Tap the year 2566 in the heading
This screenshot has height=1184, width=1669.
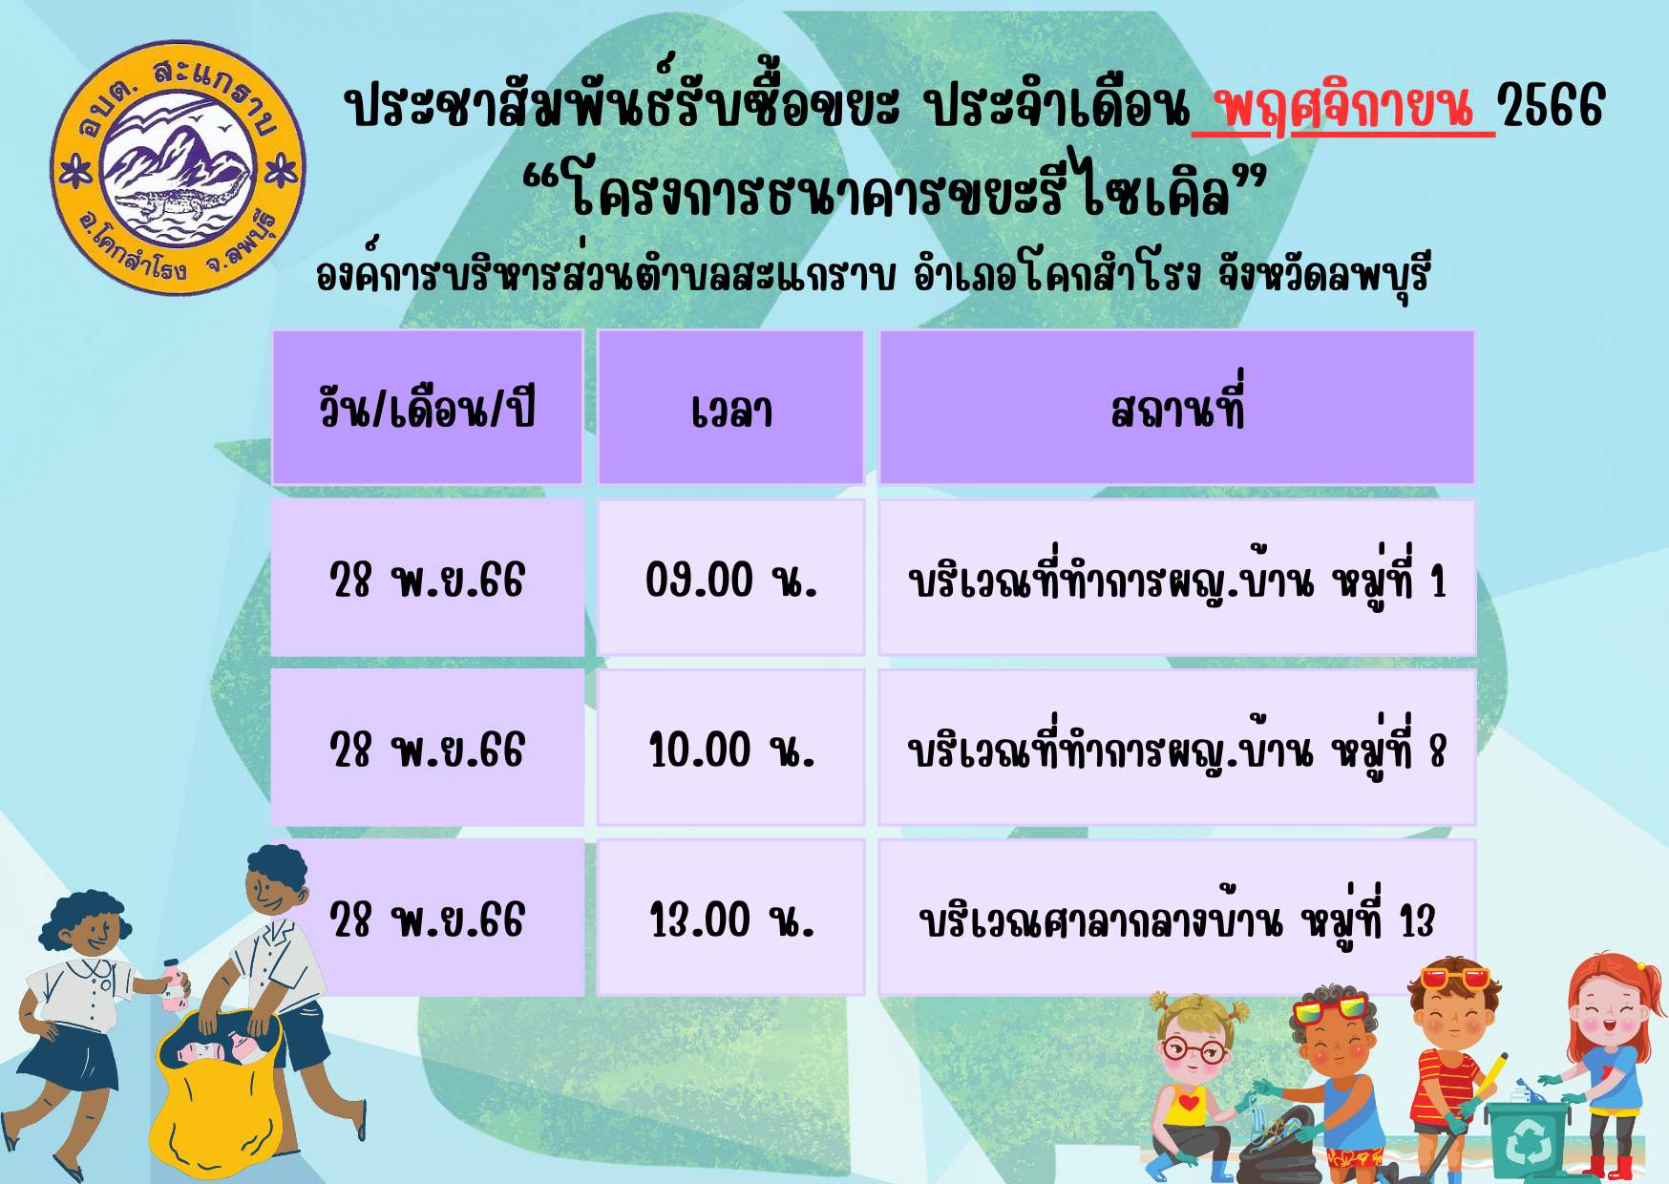[x=1552, y=105]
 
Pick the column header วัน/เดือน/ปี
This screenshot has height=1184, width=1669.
[x=427, y=409]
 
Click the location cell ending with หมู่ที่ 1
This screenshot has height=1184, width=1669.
[x=1177, y=578]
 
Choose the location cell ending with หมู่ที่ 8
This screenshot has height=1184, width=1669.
[x=1177, y=749]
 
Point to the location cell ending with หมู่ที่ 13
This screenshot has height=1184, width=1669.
[x=1177, y=919]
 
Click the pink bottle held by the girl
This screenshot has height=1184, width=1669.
[x=173, y=986]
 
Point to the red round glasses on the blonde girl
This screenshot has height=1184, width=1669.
[x=1194, y=1051]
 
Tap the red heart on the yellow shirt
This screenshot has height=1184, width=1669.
[x=1189, y=1104]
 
